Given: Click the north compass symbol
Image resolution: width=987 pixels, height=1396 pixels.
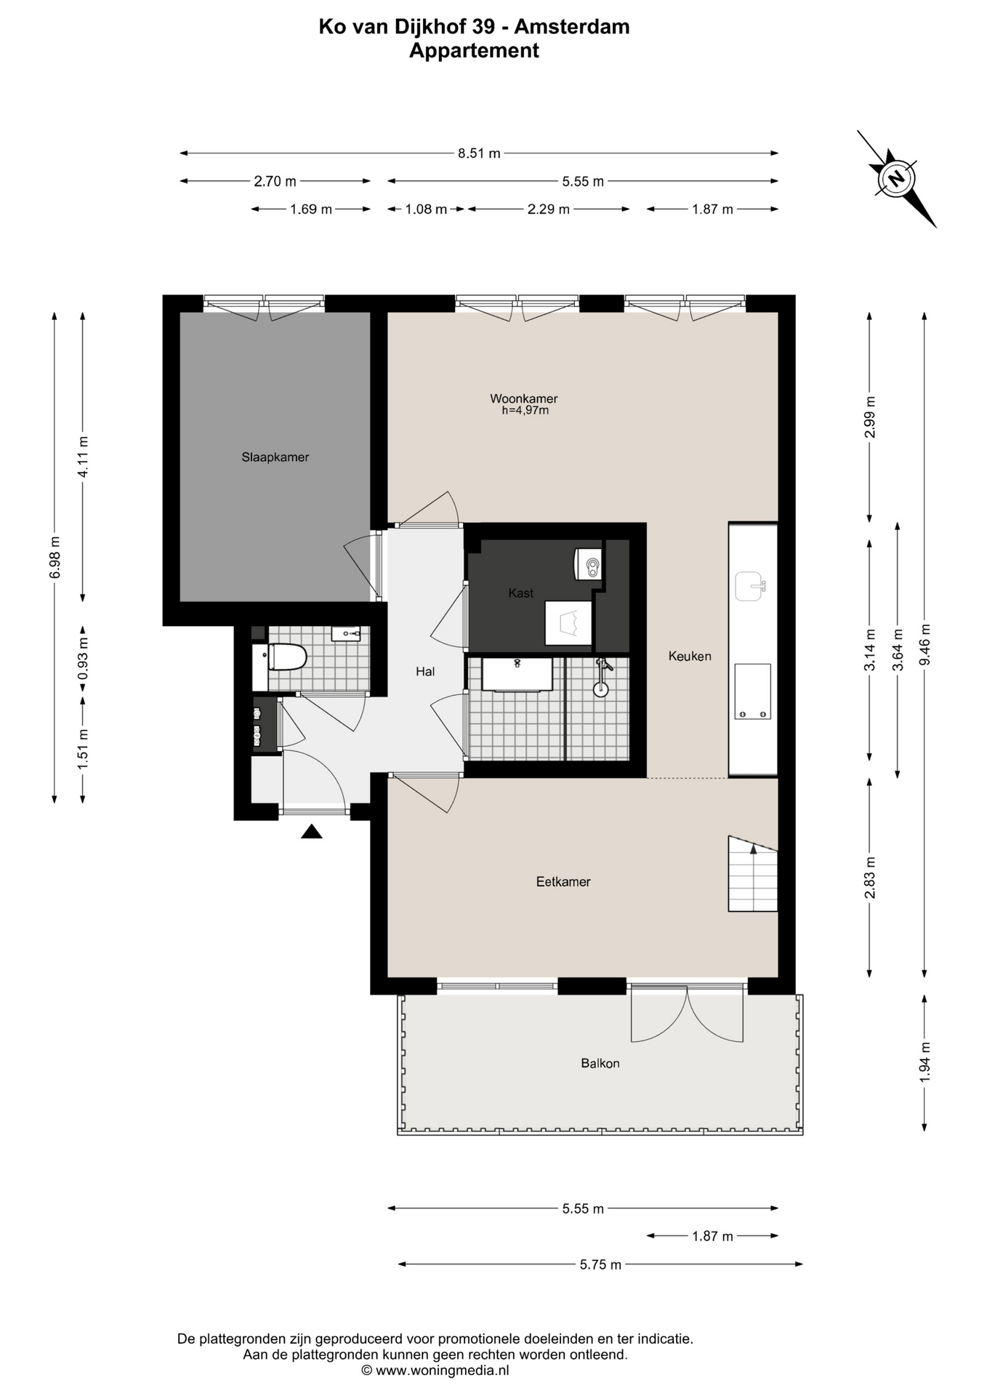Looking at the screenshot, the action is tap(897, 179).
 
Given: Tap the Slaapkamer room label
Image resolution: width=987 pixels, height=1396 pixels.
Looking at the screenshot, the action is tap(275, 457).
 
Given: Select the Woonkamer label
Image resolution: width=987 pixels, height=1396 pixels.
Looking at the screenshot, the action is tap(523, 398).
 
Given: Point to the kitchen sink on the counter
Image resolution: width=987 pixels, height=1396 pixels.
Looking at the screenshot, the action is tap(750, 586).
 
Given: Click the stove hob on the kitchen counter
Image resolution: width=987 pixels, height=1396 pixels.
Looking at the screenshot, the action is tap(752, 691).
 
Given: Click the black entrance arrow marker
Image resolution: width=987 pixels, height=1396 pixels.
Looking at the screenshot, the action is tap(312, 831).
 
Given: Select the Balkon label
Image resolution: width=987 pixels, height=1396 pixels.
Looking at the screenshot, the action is tap(600, 1063).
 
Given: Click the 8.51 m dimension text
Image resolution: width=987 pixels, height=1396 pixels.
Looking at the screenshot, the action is tap(479, 153).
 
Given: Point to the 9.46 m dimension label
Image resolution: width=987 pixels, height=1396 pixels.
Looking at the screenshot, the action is tap(924, 645).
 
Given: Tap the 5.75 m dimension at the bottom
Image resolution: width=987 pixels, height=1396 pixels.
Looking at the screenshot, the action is tap(600, 1264).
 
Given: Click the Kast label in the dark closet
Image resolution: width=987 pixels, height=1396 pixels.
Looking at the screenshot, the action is tap(521, 593).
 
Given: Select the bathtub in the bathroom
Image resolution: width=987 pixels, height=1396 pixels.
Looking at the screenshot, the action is tap(517, 674).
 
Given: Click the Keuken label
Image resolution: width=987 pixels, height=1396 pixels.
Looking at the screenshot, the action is tap(690, 656).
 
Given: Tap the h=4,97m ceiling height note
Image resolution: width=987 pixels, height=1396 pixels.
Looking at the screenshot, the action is tap(525, 411).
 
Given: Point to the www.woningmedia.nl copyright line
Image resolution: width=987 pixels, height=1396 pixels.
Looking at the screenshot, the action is tap(435, 1371).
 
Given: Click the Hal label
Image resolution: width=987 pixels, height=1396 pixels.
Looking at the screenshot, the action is tap(425, 672).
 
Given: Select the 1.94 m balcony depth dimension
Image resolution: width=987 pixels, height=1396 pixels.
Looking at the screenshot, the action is tap(924, 1062).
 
